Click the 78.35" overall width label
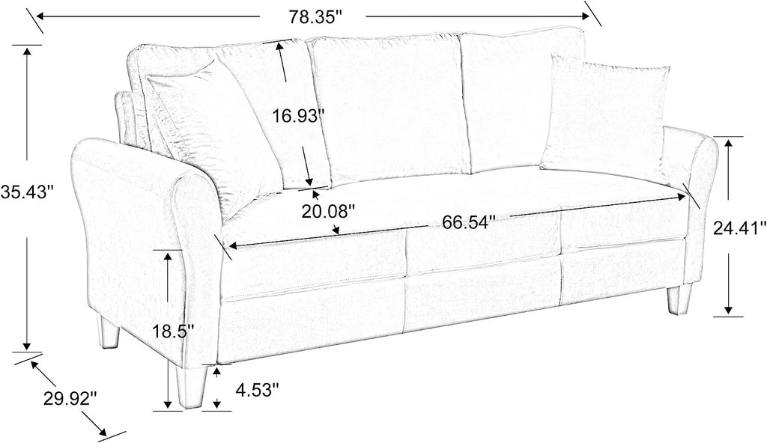[x=314, y=17]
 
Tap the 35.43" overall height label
[x=26, y=191]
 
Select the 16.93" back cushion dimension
[x=298, y=117]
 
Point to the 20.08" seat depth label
[x=327, y=211]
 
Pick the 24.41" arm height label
[x=739, y=227]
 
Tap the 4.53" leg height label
[x=257, y=390]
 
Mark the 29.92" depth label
[x=70, y=399]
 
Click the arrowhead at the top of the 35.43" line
[x=26, y=51]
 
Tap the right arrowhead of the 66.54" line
[x=682, y=196]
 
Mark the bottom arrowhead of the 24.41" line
[x=728, y=310]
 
